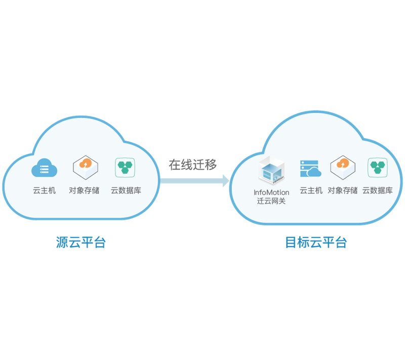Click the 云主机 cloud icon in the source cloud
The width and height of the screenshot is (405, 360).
tap(44, 168)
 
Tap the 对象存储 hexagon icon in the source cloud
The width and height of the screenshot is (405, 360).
tap(86, 168)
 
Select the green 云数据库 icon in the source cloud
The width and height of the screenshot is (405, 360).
tap(125, 168)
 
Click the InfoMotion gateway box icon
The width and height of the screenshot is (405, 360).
tap(271, 170)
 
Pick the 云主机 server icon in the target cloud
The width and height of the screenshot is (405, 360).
tap(311, 169)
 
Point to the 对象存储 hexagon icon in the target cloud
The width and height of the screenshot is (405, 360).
tap(343, 168)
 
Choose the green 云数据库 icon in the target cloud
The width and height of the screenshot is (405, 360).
tap(378, 168)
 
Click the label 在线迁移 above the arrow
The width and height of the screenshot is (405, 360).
tap(193, 165)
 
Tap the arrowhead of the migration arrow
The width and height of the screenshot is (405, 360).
tap(226, 181)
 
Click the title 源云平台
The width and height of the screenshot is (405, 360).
tap(81, 242)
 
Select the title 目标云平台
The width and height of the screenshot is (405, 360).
tap(316, 242)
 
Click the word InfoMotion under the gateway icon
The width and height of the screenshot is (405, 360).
tap(271, 192)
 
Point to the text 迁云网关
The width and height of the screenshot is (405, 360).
tap(271, 201)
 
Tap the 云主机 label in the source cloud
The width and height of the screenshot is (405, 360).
tap(44, 190)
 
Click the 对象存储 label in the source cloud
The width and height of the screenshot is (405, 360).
tap(84, 190)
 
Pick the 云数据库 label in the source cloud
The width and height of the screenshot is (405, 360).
tap(126, 190)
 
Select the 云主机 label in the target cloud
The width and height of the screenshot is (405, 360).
tap(311, 190)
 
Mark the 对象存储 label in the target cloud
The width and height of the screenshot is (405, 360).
tap(343, 190)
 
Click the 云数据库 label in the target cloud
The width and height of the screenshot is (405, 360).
tap(378, 190)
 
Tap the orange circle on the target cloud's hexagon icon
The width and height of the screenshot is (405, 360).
tap(343, 164)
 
